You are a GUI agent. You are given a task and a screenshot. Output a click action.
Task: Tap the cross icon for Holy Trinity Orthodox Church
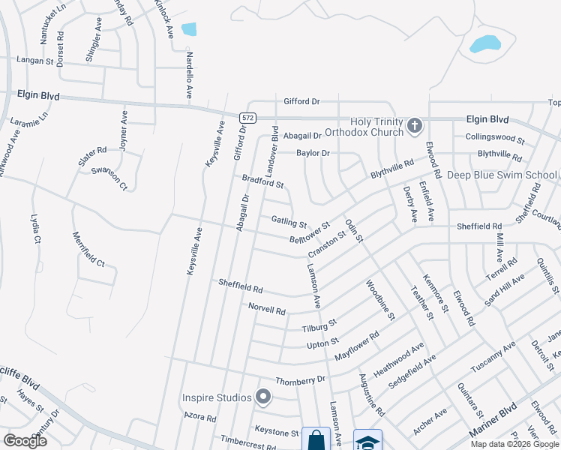tap(415, 126)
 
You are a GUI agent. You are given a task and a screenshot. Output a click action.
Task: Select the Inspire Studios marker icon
tap(263, 397)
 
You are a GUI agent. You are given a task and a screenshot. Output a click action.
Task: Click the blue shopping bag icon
tap(315, 439)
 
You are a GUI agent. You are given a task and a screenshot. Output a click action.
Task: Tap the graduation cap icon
tap(367, 442)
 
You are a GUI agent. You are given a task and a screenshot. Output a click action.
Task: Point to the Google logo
tap(25, 440)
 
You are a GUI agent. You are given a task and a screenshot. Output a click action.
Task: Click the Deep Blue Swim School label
tap(502, 175)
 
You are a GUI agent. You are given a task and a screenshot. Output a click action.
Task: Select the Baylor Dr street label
tap(313, 153)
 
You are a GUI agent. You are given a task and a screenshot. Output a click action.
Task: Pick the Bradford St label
tap(262, 181)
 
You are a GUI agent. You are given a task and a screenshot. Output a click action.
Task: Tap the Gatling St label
tap(289, 222)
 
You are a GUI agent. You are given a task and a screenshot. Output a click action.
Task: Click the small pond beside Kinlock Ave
tap(189, 29)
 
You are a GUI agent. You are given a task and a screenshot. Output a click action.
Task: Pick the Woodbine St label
tap(380, 299)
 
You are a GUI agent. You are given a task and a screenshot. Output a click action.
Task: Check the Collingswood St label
tap(495, 137)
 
